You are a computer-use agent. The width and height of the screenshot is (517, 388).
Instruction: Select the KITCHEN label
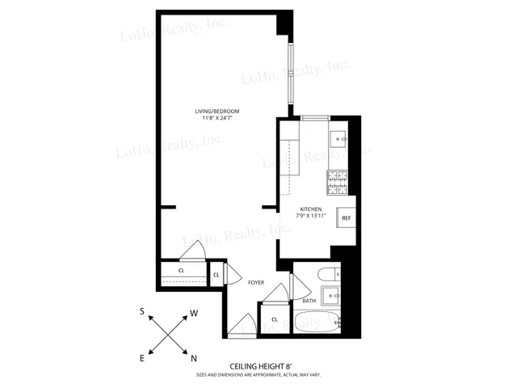[311, 208]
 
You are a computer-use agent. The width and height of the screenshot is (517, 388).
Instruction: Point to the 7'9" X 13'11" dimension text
[311, 216]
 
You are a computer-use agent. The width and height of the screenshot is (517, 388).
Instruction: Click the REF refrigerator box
[346, 218]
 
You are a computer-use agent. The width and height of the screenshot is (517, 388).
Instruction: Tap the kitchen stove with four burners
[338, 183]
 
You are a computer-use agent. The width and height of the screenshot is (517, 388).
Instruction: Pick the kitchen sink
[340, 138]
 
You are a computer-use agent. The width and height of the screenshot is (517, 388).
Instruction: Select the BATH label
[309, 302]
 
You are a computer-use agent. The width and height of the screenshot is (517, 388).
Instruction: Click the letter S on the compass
[142, 311]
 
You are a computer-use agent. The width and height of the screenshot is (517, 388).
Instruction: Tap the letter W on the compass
[195, 311]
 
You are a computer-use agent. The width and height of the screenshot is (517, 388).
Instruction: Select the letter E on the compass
[142, 357]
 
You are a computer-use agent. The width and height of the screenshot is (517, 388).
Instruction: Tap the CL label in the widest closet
[181, 270]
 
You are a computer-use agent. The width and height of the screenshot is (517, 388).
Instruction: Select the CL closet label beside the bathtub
[275, 319]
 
